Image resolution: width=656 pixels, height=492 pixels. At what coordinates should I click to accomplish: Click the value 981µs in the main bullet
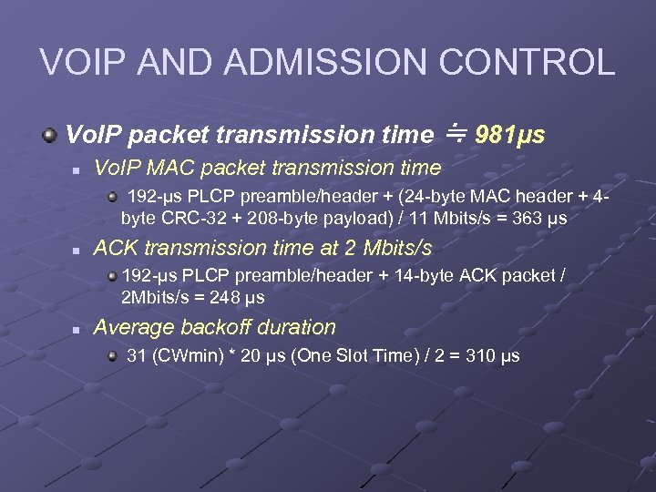510,136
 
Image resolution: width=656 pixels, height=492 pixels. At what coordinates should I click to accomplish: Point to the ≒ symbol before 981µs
456,134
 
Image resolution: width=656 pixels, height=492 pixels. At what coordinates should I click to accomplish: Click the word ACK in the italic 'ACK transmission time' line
114,248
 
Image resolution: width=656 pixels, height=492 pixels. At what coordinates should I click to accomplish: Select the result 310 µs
492,355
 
